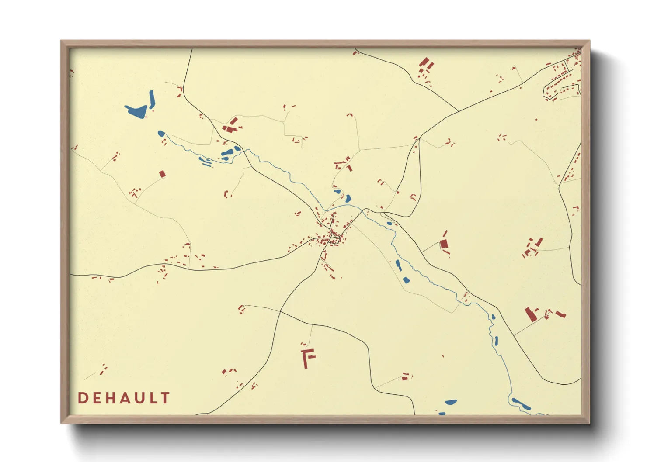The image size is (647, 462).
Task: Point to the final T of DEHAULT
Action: (165, 398)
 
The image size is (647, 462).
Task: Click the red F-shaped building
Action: (308, 357)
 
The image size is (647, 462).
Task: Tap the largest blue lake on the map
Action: (136, 111)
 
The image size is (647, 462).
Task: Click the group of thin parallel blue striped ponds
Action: (205, 162)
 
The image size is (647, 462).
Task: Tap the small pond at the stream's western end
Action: (161, 133)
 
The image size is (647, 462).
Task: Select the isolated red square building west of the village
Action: (162, 174)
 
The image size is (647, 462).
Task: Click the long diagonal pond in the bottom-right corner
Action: (521, 403)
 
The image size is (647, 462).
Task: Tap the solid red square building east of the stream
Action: (444, 244)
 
